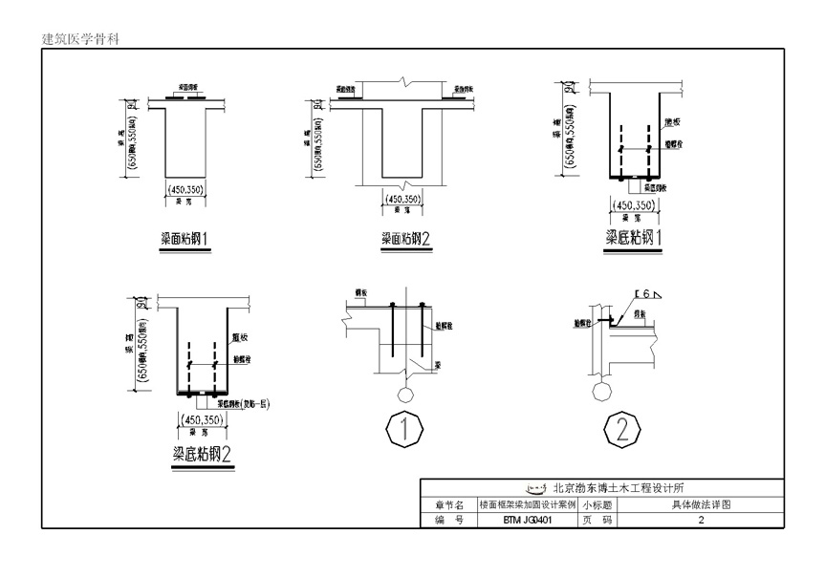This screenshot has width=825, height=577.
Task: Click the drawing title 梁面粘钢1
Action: point(186,236)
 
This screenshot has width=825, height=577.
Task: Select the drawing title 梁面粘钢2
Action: point(406,239)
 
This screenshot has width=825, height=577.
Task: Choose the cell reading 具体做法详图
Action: point(701,504)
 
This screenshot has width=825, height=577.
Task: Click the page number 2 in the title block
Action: point(701,521)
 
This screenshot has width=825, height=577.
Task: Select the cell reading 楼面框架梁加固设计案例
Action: point(525,504)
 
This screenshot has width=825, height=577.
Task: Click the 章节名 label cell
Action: point(448,504)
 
